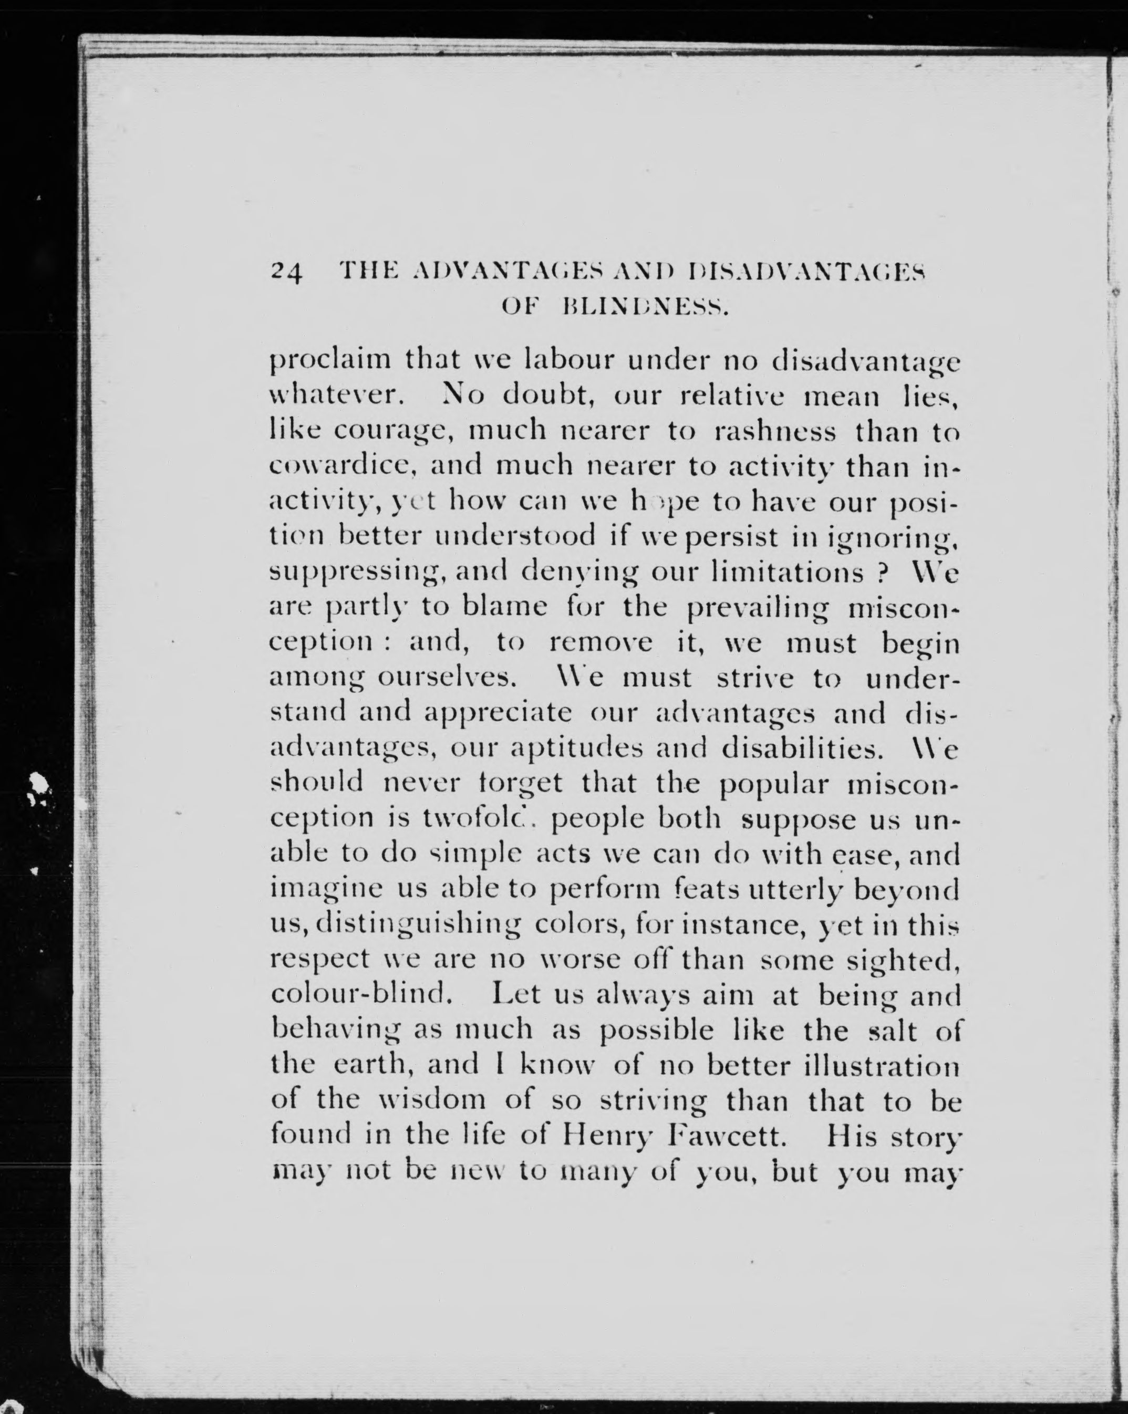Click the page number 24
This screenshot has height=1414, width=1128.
(286, 271)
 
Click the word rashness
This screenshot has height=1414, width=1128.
(774, 431)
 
